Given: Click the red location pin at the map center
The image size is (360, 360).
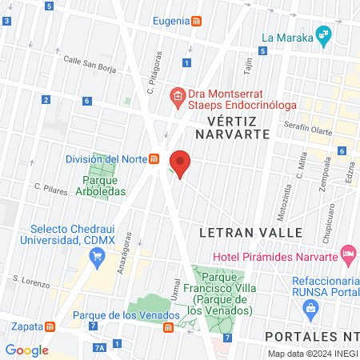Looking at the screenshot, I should tap(180, 163).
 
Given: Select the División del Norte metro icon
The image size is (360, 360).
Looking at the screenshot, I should tap(152, 158).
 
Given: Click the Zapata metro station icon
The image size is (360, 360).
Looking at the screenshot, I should tap(50, 326).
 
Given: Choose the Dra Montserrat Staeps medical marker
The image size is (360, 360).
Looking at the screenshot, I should tap(178, 98).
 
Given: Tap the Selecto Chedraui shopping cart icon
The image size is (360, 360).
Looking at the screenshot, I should tap(98, 256).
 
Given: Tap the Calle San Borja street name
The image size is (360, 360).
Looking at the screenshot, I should tap(89, 65).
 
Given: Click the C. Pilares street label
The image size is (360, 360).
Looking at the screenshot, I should tap(49, 189).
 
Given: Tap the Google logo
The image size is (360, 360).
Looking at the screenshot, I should tap(26, 350).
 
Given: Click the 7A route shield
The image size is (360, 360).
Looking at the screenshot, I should tap(99, 347).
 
